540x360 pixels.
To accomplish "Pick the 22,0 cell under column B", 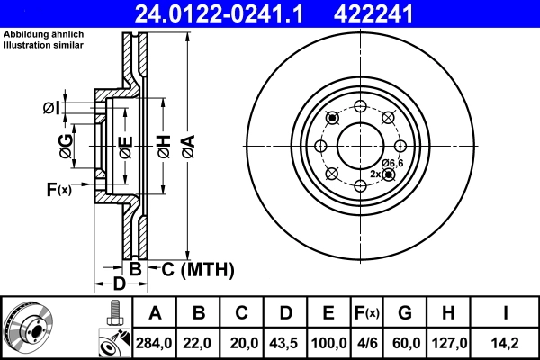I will coord(199,343).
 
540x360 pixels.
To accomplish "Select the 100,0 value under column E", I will coord(328,343).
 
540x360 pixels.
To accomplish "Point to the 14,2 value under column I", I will coord(508,343).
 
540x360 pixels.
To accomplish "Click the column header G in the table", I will coord(405,313).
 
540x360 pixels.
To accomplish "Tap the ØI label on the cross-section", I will coord(51,109).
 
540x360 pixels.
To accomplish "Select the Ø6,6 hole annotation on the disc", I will coord(392,162).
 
